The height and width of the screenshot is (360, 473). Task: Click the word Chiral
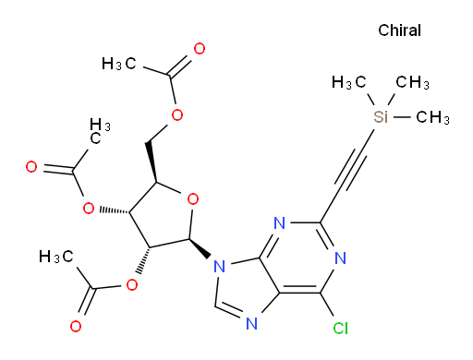pos(399,30)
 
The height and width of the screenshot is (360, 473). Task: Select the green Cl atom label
pos(341,329)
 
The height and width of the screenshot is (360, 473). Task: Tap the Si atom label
pos(381,117)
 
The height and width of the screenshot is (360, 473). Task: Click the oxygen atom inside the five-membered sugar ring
pos(193,199)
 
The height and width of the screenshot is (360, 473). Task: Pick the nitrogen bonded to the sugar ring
pos(219,266)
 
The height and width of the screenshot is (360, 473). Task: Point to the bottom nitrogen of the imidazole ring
pos(252,324)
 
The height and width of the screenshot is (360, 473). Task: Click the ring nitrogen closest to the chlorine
pos(340,258)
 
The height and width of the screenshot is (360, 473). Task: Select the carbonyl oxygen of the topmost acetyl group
pos(200,49)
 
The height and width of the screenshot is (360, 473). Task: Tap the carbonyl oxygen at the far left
pos(31,167)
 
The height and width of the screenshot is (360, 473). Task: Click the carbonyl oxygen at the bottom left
pos(76,326)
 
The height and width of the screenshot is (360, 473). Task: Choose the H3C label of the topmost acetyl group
pos(119,64)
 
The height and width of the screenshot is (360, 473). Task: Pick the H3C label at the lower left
pos(56,257)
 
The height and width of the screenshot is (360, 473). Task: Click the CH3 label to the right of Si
pos(432,117)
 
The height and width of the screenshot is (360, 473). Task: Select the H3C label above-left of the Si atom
pos(348,82)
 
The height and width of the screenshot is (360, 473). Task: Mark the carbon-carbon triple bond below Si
pos(350,169)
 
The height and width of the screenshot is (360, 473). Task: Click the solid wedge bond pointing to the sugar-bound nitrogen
pos(200,248)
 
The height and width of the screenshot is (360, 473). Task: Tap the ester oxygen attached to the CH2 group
pos(177,115)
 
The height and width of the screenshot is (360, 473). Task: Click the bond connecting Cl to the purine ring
pos(327,305)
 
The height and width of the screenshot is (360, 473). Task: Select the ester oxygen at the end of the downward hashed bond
pos(132,285)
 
